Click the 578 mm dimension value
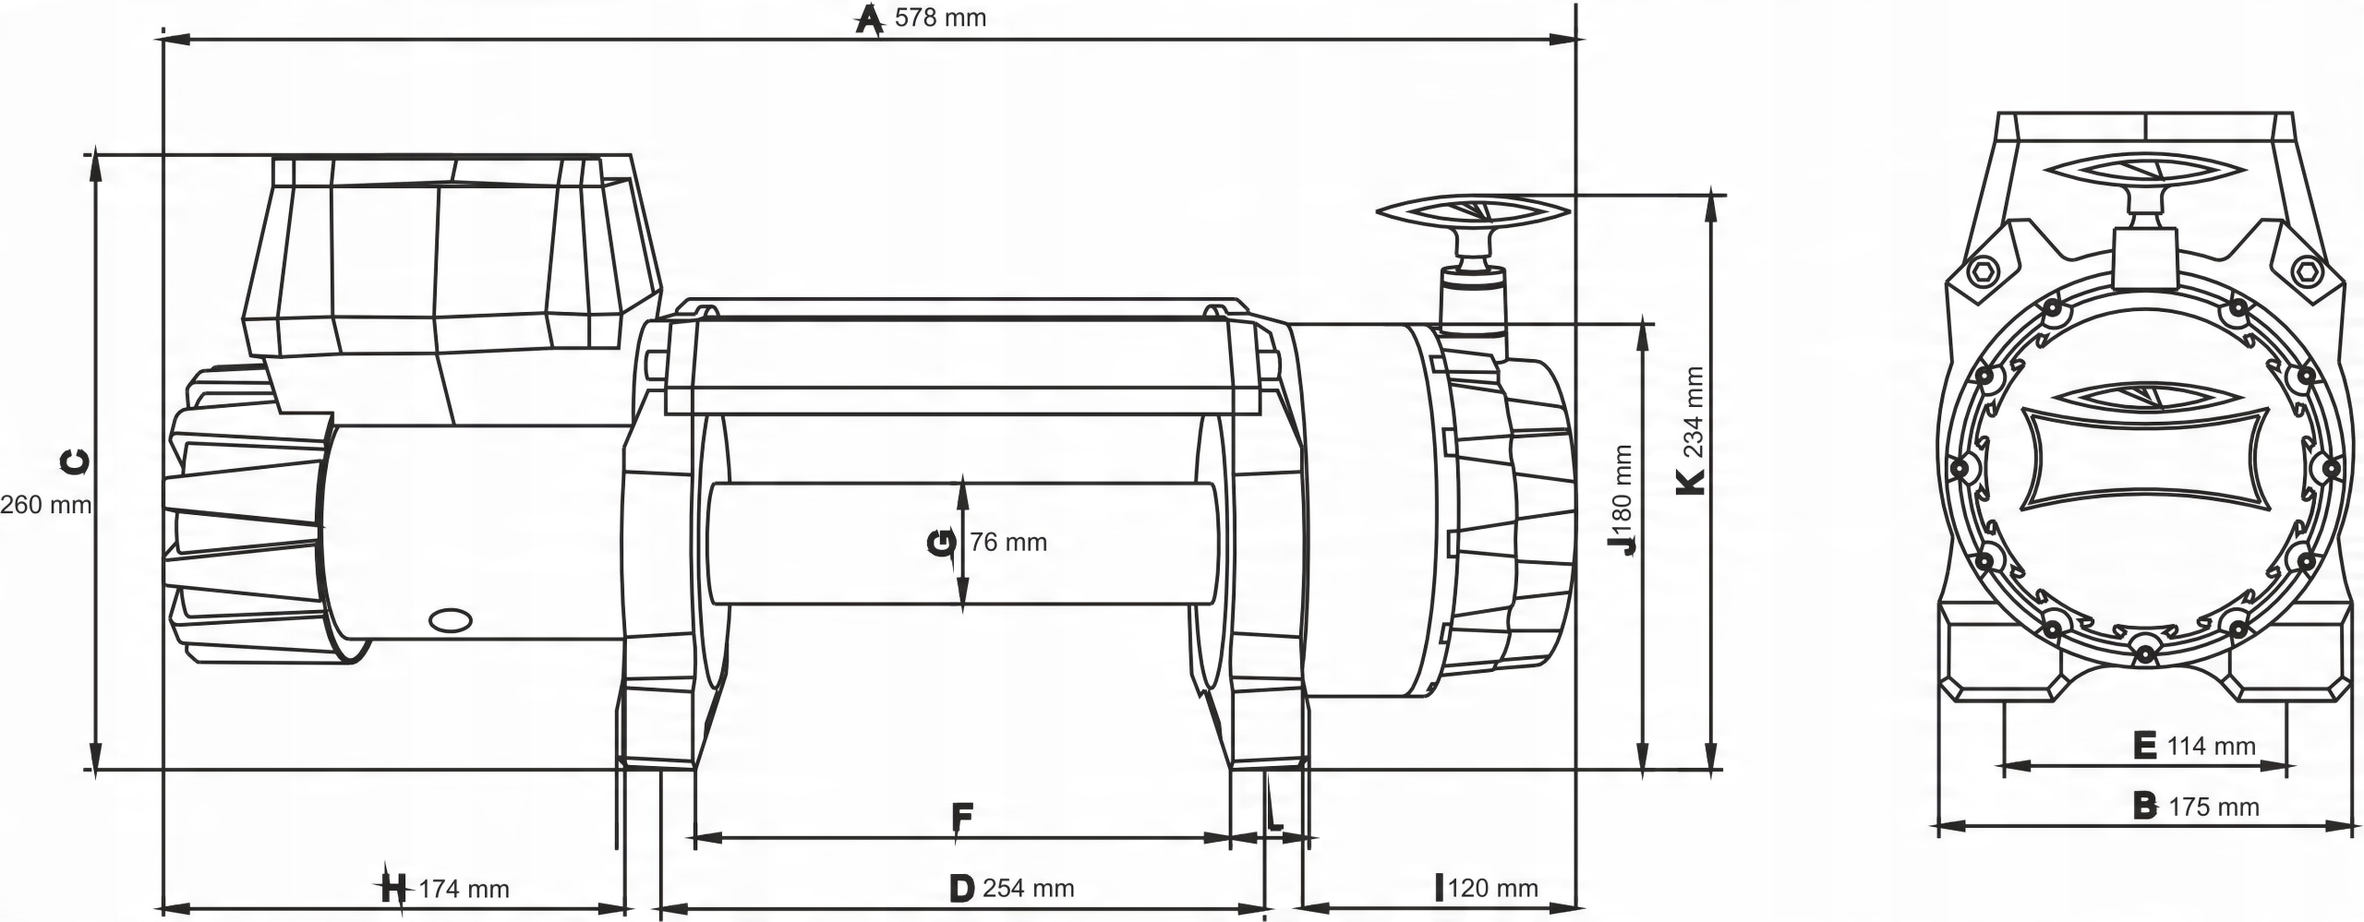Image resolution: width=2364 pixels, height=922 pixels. click(x=940, y=18)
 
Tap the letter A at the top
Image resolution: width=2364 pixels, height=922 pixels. click(x=867, y=18)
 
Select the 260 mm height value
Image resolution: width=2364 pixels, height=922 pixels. click(x=46, y=505)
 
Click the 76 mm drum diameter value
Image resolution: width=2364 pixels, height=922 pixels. click(x=1008, y=543)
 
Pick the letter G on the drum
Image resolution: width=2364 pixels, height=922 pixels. click(x=941, y=543)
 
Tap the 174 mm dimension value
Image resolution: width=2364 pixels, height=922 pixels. click(x=464, y=890)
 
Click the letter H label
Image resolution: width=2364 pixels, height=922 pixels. click(x=393, y=890)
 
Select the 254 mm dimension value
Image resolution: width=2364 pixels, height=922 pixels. click(x=1028, y=889)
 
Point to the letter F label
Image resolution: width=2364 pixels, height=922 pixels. click(x=961, y=817)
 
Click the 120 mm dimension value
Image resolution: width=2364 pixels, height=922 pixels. click(x=1493, y=889)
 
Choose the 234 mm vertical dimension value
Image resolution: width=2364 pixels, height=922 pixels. click(x=1693, y=413)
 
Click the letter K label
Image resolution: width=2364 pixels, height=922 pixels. click(x=1691, y=481)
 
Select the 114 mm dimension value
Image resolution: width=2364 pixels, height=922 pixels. click(x=2211, y=746)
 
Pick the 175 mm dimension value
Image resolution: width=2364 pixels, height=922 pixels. click(x=2213, y=808)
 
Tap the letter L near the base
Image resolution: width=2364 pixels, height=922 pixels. click(x=1274, y=818)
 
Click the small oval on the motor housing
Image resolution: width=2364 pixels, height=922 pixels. click(x=451, y=620)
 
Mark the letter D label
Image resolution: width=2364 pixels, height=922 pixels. click(x=961, y=889)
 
